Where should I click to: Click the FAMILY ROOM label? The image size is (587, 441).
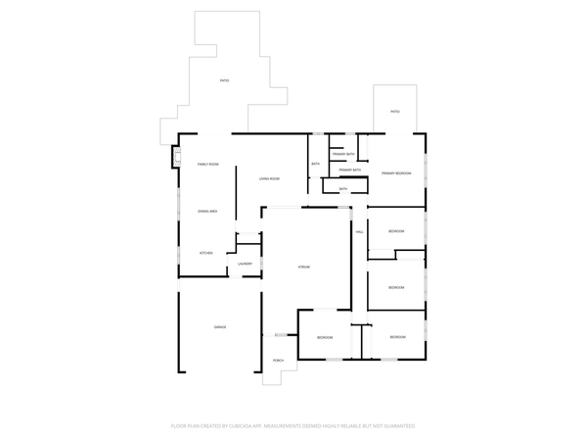(207, 164)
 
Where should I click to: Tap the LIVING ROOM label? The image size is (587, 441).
(269, 178)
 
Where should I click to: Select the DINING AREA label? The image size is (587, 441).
(207, 212)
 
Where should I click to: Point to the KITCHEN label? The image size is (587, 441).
(206, 253)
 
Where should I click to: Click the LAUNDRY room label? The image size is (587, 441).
(245, 264)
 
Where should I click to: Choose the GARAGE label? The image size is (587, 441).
(220, 326)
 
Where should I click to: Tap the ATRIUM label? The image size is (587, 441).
(304, 267)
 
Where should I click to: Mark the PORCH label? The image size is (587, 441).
(278, 361)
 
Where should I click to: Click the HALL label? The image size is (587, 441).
(360, 231)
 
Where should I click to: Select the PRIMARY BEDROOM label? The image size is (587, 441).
(396, 172)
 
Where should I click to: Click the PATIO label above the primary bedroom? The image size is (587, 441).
(395, 112)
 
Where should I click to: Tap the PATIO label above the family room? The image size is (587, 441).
(224, 80)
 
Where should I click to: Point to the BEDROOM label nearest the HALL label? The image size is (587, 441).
(396, 231)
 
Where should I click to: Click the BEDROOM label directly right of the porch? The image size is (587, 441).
(325, 337)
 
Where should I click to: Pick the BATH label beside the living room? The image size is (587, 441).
(316, 164)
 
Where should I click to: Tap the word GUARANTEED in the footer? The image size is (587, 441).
(398, 426)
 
